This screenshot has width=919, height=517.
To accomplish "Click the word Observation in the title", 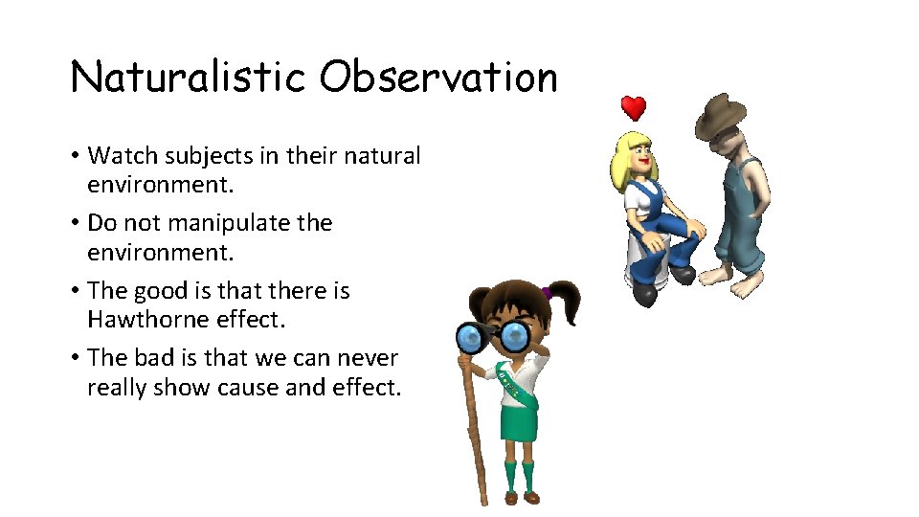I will (438, 77).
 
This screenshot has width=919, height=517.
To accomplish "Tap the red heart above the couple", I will (633, 107).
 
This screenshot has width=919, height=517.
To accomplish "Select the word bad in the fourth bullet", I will (151, 358).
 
